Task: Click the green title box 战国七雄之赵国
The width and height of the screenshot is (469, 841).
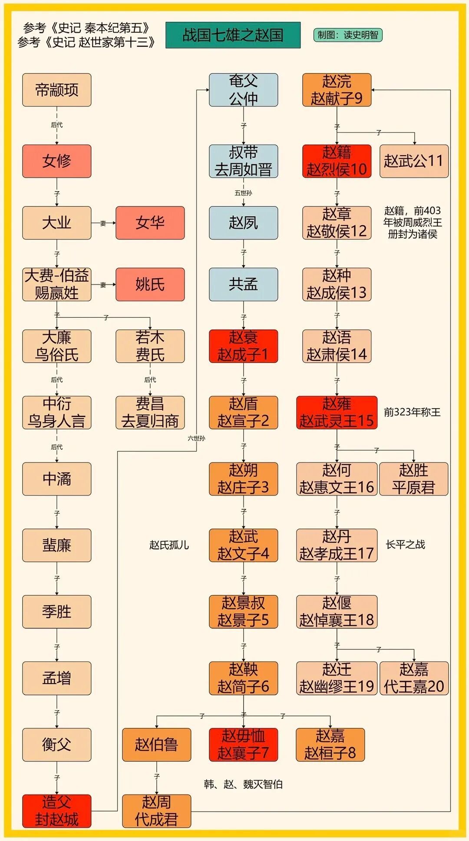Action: coord(233,35)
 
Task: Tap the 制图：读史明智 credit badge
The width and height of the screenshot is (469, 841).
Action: coord(347,35)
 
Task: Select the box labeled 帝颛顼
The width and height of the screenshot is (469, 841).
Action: coord(57,90)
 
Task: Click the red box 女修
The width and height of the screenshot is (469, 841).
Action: coord(57,161)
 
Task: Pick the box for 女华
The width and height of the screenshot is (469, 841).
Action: coord(150,223)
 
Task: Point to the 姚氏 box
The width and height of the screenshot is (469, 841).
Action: coord(150,284)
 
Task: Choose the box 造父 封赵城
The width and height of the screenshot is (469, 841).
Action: coord(57,811)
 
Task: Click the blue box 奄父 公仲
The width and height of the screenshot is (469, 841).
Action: coord(243,90)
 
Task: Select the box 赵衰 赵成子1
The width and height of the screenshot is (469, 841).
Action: coord(243,346)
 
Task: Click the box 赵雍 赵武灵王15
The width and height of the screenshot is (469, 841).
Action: coord(337,412)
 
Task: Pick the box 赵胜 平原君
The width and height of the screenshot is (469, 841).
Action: coord(413,479)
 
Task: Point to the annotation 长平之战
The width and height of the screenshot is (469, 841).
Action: coord(405,545)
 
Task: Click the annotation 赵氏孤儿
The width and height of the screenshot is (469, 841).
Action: coord(169,545)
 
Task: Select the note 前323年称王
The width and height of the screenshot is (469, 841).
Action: coord(412,412)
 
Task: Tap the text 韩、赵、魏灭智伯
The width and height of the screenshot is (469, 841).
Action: coord(243,784)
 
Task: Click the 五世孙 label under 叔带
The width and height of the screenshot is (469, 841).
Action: coord(243,193)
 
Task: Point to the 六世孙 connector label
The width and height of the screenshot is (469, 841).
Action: coord(196,438)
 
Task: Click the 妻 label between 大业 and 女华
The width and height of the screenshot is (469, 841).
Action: coord(103,223)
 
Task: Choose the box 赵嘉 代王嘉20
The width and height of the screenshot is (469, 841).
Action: coord(414,678)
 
